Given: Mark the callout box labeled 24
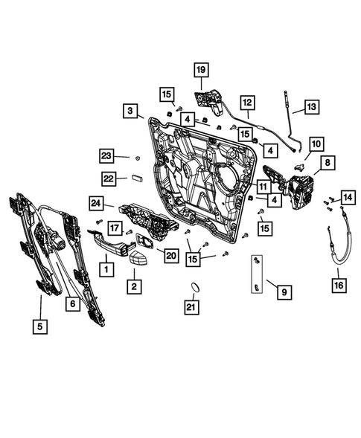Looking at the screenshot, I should pyautogui.click(x=96, y=202).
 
